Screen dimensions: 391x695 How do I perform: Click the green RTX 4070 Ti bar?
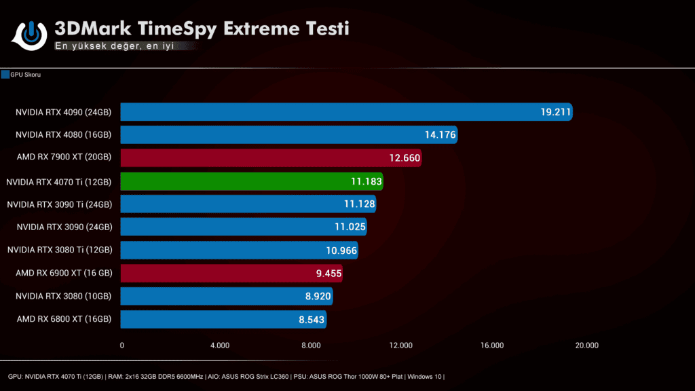point(251,181)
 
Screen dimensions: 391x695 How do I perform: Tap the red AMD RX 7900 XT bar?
point(271,158)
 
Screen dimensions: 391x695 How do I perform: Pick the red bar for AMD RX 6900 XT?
point(231,273)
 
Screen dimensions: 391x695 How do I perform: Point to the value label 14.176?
point(440,135)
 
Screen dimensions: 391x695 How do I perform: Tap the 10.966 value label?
point(341,250)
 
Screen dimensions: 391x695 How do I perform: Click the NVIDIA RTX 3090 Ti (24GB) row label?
point(59,204)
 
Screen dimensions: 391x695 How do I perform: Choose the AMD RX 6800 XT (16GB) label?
point(64,319)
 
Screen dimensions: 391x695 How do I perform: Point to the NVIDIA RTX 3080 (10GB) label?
point(64,296)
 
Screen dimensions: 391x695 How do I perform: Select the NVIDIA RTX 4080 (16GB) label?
point(64,135)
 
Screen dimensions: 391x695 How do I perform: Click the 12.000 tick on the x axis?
point(401,346)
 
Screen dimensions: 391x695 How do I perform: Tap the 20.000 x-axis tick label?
point(586,346)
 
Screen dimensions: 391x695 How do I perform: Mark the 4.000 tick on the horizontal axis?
point(220,346)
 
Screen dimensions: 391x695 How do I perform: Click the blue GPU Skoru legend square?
point(5,75)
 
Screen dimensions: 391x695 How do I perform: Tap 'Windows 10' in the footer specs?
point(424,376)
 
